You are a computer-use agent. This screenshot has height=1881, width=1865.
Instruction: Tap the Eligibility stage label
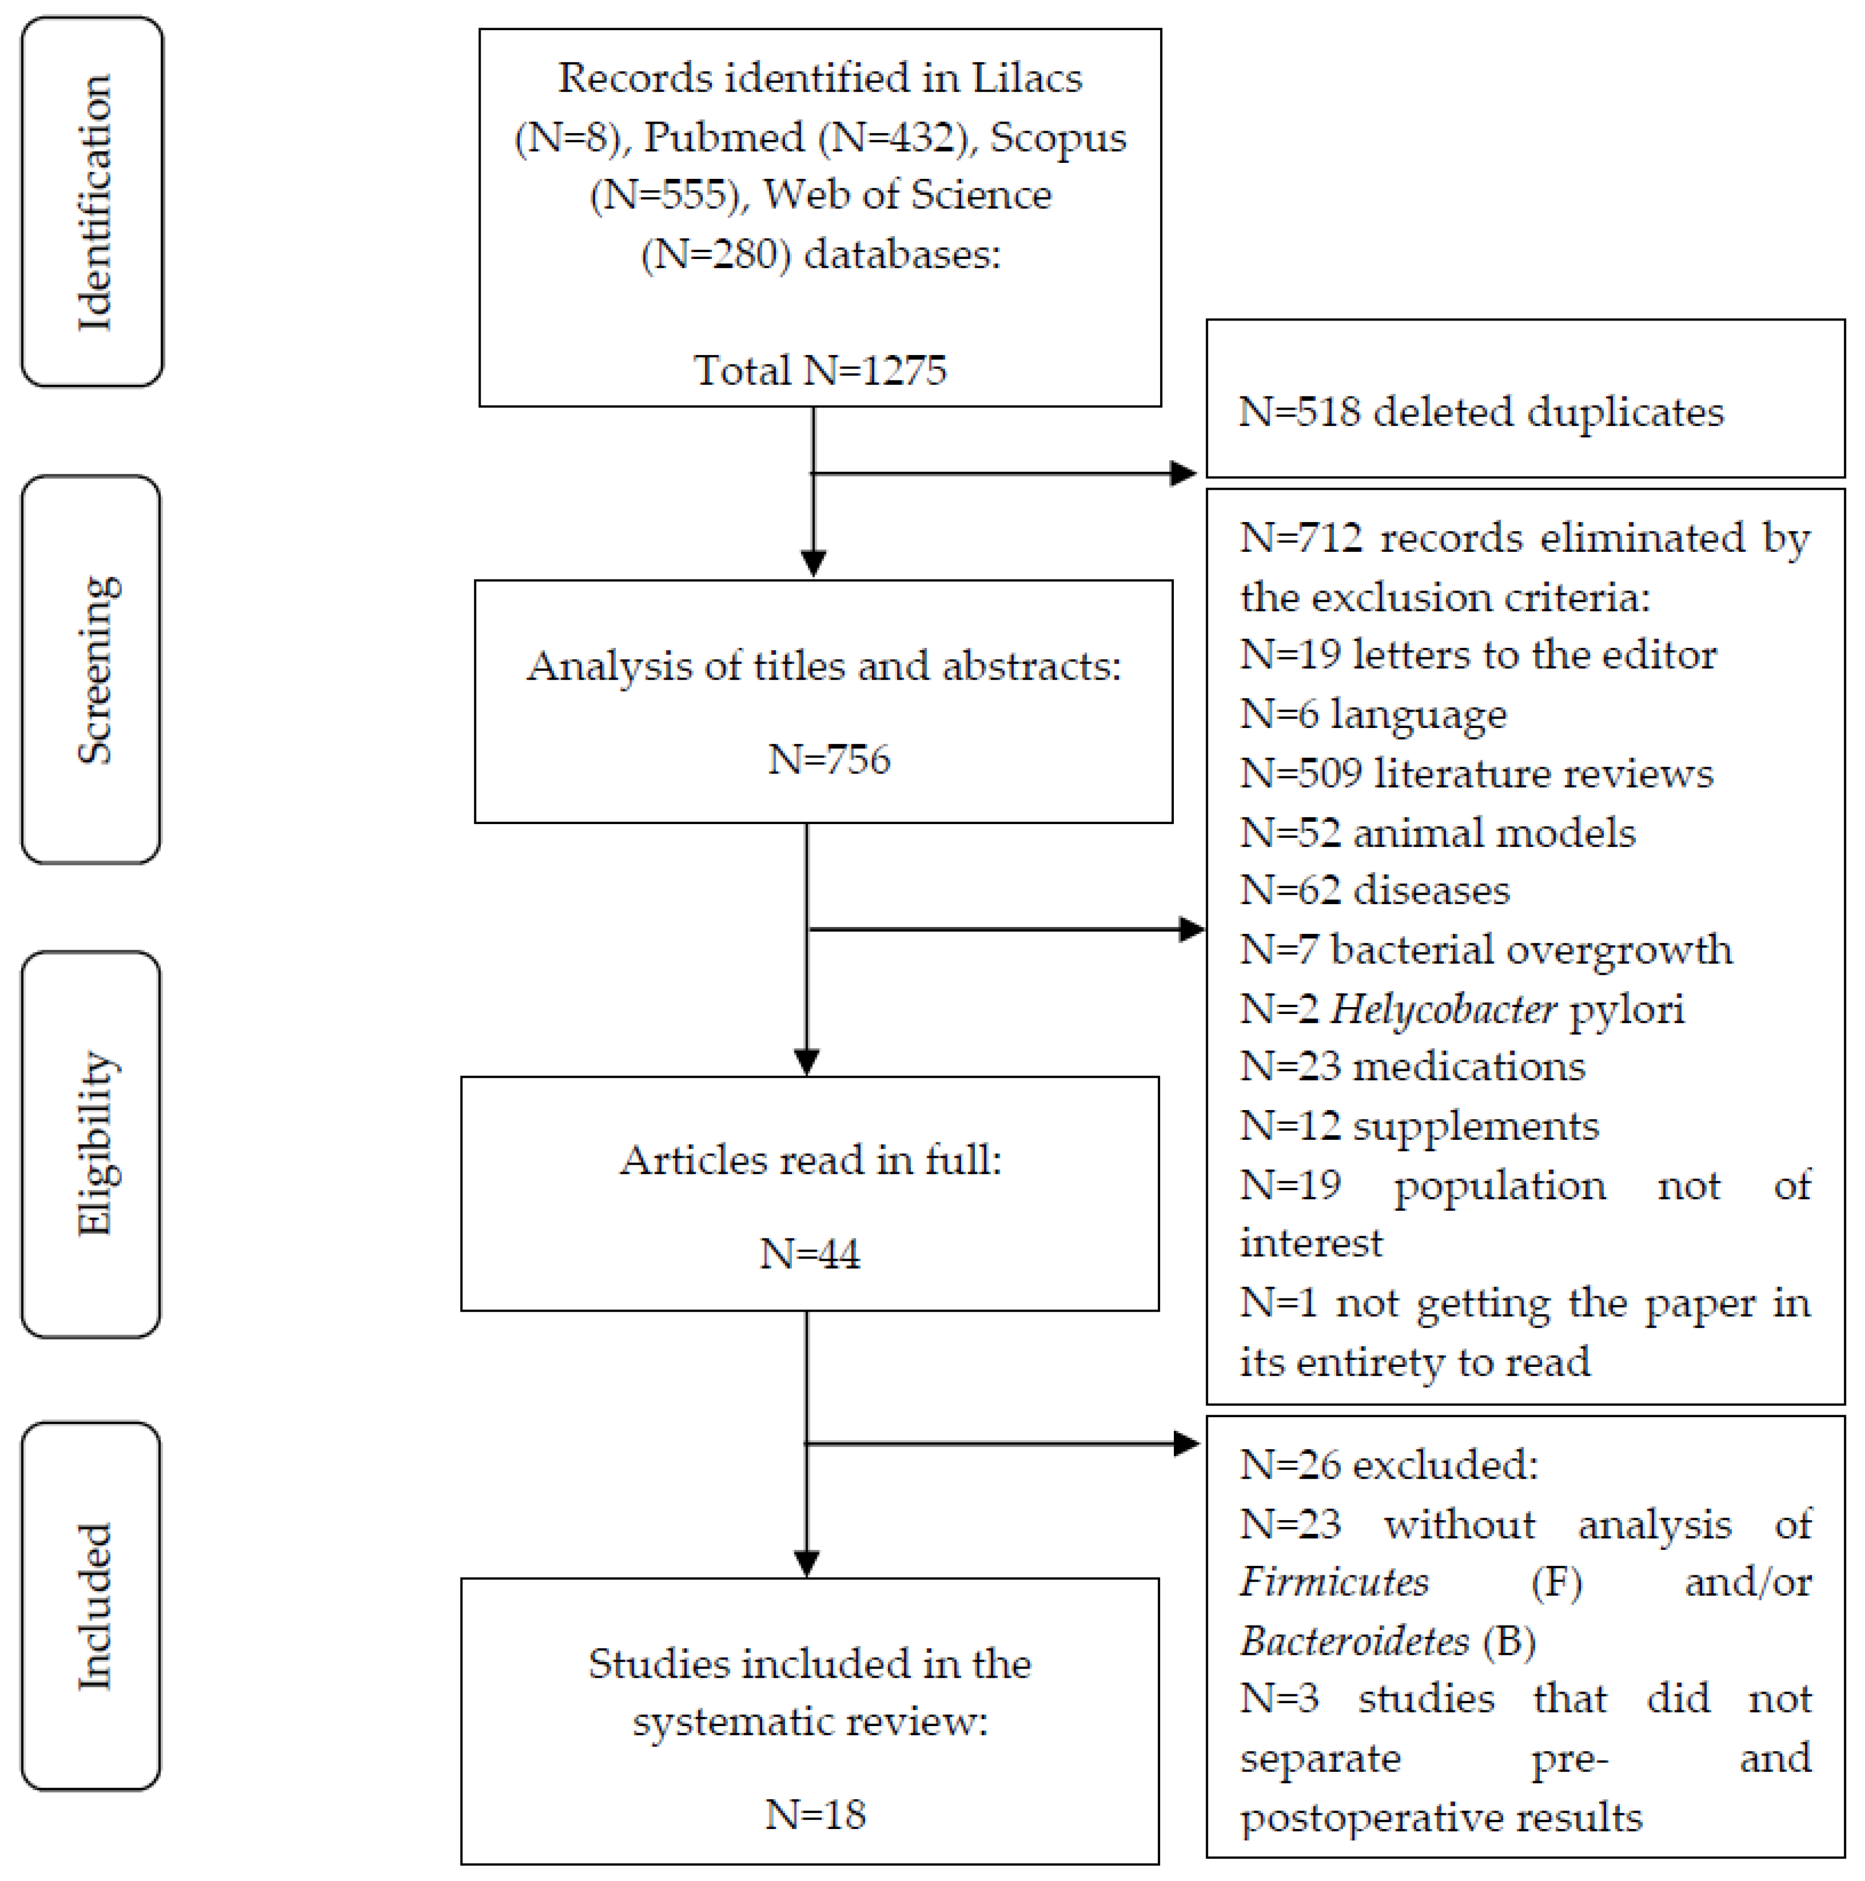tap(94, 1144)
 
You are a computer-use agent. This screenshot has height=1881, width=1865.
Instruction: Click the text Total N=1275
tap(820, 370)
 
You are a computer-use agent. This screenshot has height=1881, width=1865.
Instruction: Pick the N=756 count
tap(829, 758)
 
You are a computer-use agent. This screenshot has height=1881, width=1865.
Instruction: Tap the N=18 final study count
tap(816, 1815)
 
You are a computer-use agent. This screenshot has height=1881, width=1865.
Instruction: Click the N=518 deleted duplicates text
tap(1480, 412)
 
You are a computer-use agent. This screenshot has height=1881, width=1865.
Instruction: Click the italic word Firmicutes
tap(1334, 1582)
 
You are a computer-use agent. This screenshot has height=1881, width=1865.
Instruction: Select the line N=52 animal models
tap(1437, 833)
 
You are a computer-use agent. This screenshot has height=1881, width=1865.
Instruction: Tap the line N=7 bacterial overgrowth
tap(1485, 949)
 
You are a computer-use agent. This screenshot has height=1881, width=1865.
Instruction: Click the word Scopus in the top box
tap(1058, 137)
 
